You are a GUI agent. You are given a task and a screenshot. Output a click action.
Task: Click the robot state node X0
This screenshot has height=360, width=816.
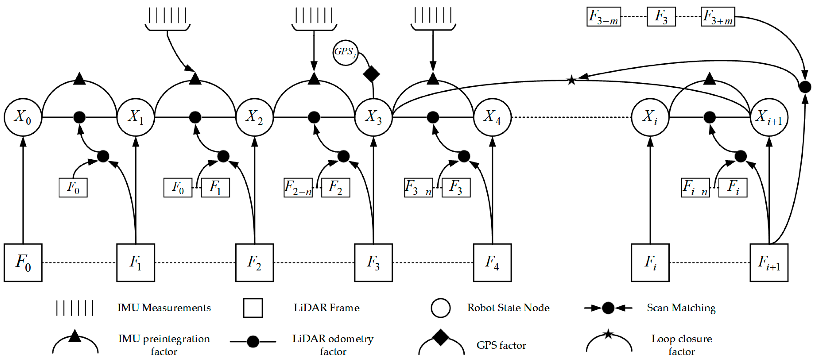(x=23, y=118)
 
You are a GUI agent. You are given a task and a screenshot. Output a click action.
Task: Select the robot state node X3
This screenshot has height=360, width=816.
(x=373, y=118)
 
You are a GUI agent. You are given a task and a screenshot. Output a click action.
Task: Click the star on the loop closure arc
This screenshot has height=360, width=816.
(x=571, y=80)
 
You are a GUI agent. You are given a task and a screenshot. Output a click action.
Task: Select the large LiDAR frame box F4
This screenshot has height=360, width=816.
(x=492, y=263)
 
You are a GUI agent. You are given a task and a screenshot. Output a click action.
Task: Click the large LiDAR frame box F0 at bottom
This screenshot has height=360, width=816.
(x=23, y=263)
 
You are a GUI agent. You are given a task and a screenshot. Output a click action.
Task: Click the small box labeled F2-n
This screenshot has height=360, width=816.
(x=298, y=188)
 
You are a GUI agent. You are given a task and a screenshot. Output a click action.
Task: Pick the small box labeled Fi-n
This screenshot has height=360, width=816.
(x=695, y=188)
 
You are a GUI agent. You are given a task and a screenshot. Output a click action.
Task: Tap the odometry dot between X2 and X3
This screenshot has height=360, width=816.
(x=314, y=118)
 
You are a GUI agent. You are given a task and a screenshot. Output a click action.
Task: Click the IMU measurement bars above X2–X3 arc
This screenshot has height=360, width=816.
(x=314, y=15)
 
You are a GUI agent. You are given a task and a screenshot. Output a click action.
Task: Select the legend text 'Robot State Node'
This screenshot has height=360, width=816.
(x=508, y=308)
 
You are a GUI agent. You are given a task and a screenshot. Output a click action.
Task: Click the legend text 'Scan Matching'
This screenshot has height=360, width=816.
(x=681, y=308)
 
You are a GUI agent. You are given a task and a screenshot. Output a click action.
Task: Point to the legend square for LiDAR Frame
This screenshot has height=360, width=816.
(x=253, y=308)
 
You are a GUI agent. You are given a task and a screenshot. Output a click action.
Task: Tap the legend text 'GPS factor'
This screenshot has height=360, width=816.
(x=501, y=345)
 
